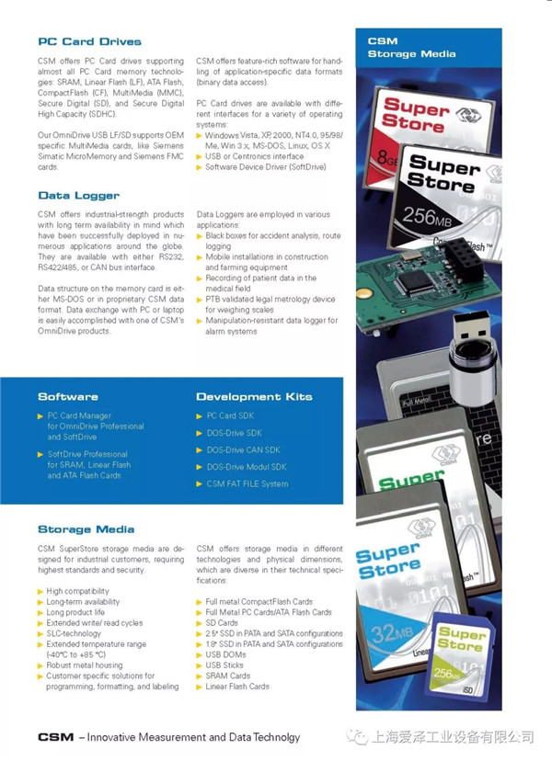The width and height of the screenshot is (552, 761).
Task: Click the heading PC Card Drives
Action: click(90, 41)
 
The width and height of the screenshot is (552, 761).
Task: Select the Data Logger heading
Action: click(79, 195)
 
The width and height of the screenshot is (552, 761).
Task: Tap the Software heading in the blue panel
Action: click(68, 397)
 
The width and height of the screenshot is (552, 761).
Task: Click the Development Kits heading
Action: click(254, 397)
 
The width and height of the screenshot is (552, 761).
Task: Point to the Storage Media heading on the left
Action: click(86, 529)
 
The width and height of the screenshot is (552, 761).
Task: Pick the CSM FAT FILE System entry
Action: click(247, 483)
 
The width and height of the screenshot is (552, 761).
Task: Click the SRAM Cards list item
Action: click(228, 676)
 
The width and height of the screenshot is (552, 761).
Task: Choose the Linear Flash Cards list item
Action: click(237, 687)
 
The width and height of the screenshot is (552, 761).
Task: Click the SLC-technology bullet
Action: click(75, 634)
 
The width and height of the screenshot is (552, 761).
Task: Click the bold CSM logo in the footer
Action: click(55, 737)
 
